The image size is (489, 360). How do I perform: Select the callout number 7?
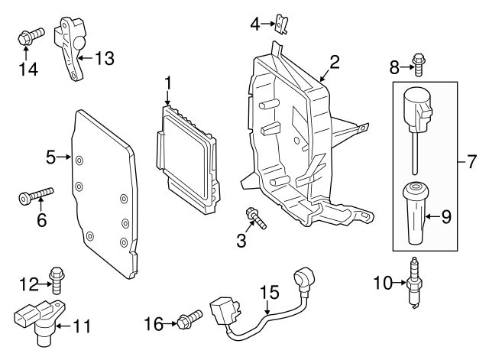point(471,162)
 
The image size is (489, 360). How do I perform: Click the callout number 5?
point(51,158)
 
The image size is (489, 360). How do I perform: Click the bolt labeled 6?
point(34,196)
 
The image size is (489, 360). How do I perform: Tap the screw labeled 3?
point(257,218)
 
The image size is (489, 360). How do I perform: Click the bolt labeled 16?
point(189,319)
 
